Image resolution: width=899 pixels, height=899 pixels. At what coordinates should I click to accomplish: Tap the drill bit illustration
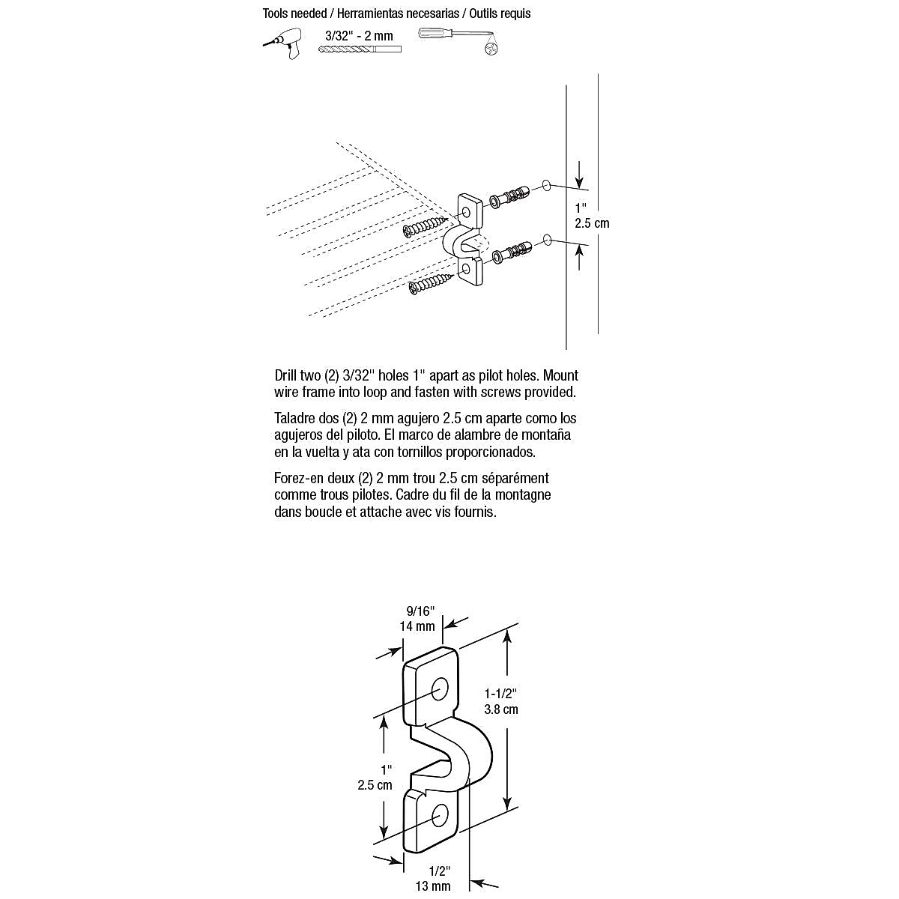point(360,49)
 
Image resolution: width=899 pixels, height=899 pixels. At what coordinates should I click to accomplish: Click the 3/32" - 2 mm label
point(359,35)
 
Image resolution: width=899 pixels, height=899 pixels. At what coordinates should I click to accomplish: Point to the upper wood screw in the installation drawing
point(424,225)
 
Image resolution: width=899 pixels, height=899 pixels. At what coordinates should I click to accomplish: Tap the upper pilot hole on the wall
point(545,184)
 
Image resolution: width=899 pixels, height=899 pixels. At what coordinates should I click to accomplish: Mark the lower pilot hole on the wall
point(547,240)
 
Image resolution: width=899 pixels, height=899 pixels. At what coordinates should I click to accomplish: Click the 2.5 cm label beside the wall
point(592,223)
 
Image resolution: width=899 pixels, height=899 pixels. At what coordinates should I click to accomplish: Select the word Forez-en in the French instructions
point(297,478)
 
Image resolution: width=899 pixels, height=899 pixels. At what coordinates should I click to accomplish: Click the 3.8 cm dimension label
point(501,709)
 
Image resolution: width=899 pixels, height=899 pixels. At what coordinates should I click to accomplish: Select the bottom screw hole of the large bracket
point(438,815)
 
